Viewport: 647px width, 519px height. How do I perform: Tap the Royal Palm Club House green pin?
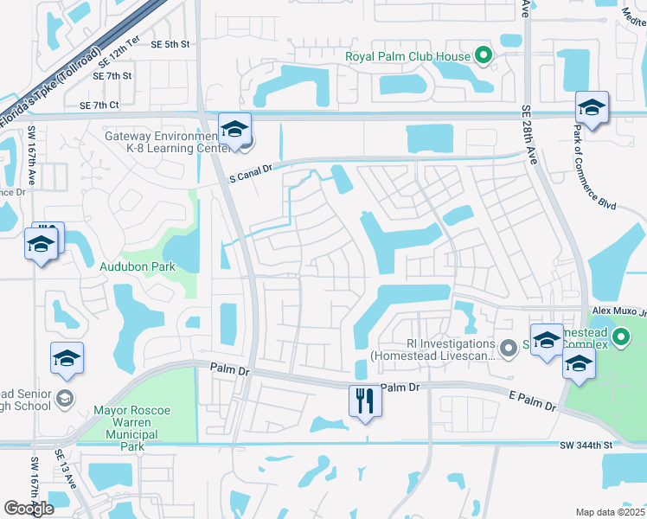[484, 57]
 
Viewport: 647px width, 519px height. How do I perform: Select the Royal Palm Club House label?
[408, 57]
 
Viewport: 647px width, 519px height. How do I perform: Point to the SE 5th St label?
[170, 44]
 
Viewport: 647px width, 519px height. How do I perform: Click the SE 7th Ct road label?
[99, 106]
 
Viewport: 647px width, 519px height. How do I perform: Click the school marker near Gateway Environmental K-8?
[234, 131]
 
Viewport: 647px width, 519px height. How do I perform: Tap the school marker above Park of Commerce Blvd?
[592, 108]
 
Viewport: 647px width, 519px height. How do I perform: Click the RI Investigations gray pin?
[509, 348]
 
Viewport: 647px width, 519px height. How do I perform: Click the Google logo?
[29, 509]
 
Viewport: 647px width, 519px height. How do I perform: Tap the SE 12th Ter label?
[119, 58]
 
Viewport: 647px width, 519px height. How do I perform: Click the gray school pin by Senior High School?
[63, 398]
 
